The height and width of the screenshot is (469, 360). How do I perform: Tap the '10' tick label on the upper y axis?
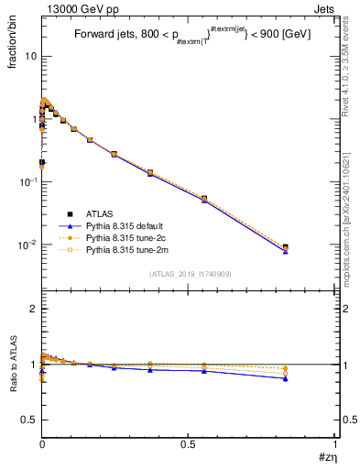click(x=30, y=56)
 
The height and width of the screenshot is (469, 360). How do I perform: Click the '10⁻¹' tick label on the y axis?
click(x=27, y=181)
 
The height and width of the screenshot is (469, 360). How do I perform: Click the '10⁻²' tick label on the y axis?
click(x=27, y=245)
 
